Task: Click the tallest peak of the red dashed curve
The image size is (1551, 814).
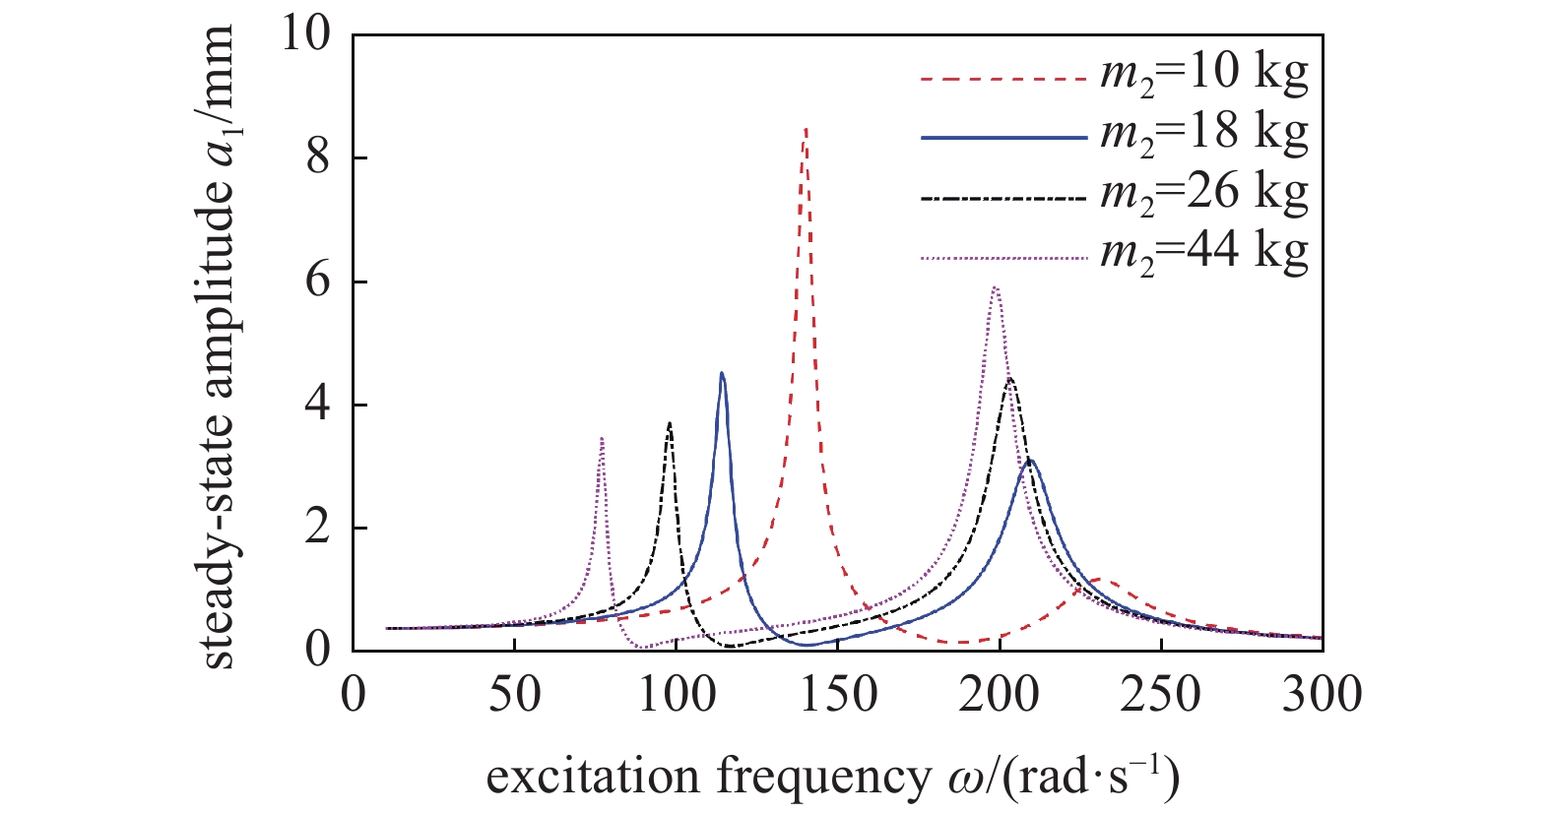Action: (x=806, y=130)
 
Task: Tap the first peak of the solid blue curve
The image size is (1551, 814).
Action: (x=722, y=374)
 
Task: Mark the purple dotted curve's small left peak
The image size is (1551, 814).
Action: (x=602, y=439)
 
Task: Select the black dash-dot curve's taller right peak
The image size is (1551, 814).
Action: (x=1009, y=379)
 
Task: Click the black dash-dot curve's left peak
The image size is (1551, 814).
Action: (x=670, y=424)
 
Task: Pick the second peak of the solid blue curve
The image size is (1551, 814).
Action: (x=1030, y=460)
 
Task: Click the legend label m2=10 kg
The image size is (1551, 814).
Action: (x=1203, y=74)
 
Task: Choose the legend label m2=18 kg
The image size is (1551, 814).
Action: (x=1203, y=134)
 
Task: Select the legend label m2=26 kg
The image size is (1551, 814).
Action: (x=1203, y=194)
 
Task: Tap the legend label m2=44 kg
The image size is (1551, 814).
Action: (x=1203, y=253)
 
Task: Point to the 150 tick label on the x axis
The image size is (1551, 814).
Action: (x=837, y=695)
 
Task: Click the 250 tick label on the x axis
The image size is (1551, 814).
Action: (x=1161, y=695)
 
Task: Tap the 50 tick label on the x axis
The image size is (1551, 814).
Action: (x=514, y=695)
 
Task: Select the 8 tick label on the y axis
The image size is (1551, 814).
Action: (x=318, y=157)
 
